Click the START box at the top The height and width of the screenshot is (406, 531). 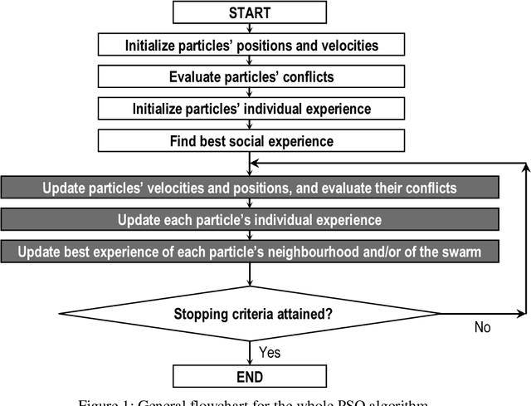point(250,12)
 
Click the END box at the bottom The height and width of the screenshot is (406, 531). point(250,375)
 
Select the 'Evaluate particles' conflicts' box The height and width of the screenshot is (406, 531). point(251,76)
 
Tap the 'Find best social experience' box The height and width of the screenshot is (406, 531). point(251,141)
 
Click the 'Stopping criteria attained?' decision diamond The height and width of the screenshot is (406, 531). point(250,314)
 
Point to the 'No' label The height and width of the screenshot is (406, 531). point(483,327)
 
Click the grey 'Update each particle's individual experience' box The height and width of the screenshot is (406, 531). point(250,220)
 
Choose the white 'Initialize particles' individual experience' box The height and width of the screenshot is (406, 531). point(251,109)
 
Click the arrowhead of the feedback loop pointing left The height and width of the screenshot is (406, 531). point(256,164)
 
